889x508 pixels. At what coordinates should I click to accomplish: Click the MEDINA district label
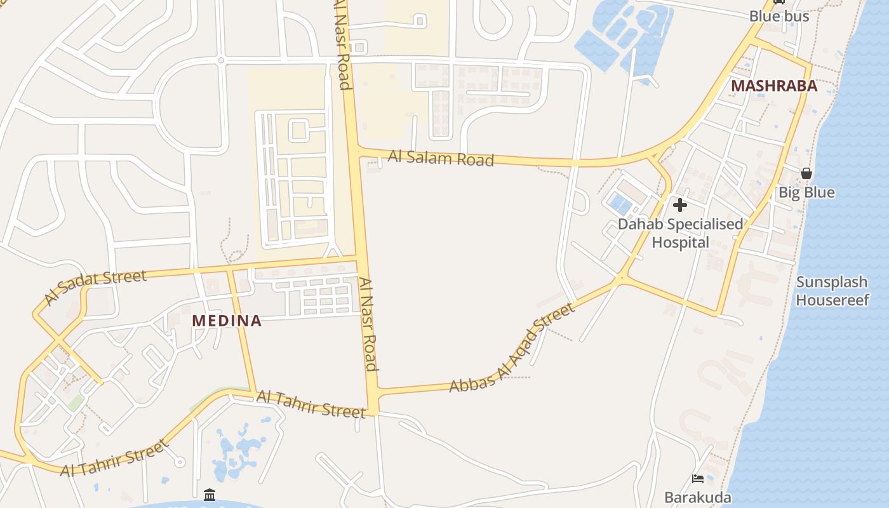[x=227, y=321]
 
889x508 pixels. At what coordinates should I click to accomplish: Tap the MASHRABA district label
[x=774, y=86]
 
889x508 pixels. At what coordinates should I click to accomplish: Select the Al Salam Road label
[x=441, y=158]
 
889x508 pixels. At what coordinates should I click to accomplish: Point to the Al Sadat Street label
[x=95, y=286]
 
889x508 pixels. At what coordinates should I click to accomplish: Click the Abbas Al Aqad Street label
[x=512, y=348]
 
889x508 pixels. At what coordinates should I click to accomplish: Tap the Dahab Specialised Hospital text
[x=680, y=233]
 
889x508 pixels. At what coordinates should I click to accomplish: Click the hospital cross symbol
[x=680, y=205]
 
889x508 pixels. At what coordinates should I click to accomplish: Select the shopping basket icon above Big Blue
[x=806, y=173]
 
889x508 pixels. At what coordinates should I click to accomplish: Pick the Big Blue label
[x=806, y=192]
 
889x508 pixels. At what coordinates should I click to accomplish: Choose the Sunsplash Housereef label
[x=832, y=291]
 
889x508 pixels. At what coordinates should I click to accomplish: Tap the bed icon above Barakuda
[x=698, y=479]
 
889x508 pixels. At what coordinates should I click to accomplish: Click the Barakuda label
[x=698, y=497]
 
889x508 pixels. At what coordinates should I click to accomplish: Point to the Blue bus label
[x=779, y=17]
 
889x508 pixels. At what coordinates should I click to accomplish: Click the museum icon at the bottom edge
[x=210, y=495]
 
